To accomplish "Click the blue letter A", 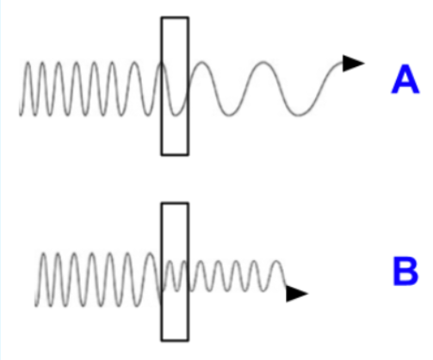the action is coord(405,79).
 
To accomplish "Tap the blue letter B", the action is coord(405,271).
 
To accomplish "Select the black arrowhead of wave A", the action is coord(354,63).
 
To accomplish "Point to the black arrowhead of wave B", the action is coord(297,294).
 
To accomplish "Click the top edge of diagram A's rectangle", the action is coord(175,18).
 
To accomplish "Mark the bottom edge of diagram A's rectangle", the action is coord(175,154).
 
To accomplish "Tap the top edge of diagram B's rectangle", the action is coord(175,204).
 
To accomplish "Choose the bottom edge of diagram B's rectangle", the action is coord(175,340).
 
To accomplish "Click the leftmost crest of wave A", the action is coord(28,63).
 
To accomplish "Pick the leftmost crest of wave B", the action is coord(43,254).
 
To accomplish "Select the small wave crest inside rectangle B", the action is coord(170,262).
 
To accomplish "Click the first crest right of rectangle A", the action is coord(202,62).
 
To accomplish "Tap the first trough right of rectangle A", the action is coord(229,115).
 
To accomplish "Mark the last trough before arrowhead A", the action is coord(299,115).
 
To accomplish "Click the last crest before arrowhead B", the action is coord(277,262).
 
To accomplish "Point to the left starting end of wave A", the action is coord(20,115).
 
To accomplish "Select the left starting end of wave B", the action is coord(35,306).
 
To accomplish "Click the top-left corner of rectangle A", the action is coord(162,18).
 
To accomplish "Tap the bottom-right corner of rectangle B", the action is coord(189,340).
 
